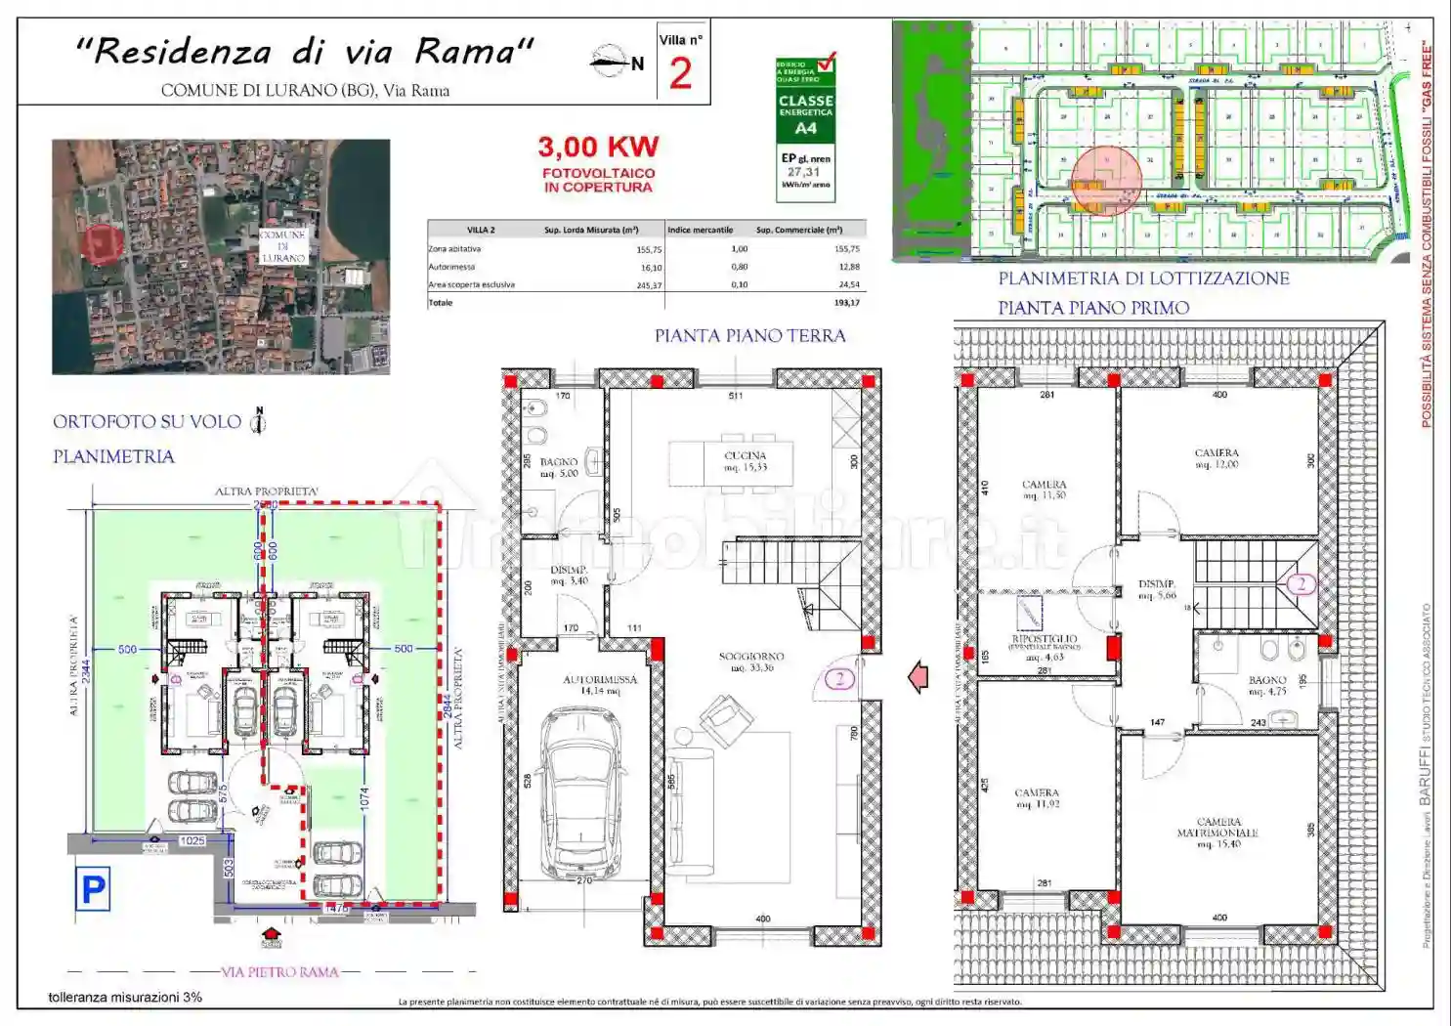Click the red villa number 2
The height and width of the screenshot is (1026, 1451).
(680, 73)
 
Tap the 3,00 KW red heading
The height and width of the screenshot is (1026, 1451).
(598, 147)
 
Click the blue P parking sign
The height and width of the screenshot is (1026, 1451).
(93, 889)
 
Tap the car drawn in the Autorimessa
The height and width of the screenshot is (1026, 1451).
(582, 791)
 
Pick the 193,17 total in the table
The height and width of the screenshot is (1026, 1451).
(846, 303)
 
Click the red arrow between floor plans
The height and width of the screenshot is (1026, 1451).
(918, 676)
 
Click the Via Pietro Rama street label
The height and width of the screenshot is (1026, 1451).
(279, 972)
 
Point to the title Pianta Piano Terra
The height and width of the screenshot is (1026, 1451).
(749, 335)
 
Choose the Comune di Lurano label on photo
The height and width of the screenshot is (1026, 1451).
(282, 246)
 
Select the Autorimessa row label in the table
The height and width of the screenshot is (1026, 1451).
(451, 267)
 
